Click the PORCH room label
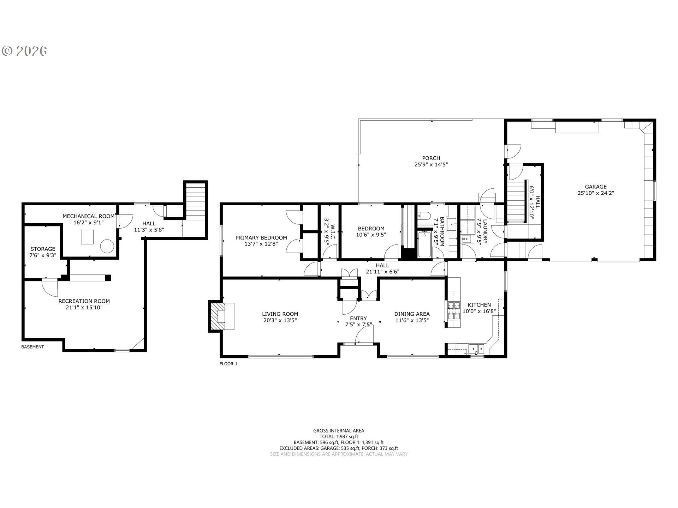coord(431,158)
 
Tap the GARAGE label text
coord(596,187)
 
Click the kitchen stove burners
coord(454,310)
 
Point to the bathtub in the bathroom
coord(424,244)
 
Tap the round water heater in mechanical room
coord(107,246)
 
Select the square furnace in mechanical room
coord(87,237)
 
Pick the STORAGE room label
coord(43,249)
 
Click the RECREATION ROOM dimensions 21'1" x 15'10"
coord(84,307)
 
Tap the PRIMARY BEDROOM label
coord(261,238)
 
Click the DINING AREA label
coord(412,314)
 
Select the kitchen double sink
coord(476,349)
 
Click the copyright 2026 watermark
coord(25,51)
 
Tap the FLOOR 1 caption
coord(228,364)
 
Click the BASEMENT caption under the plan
coord(32,347)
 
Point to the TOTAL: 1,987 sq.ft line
coord(339,436)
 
